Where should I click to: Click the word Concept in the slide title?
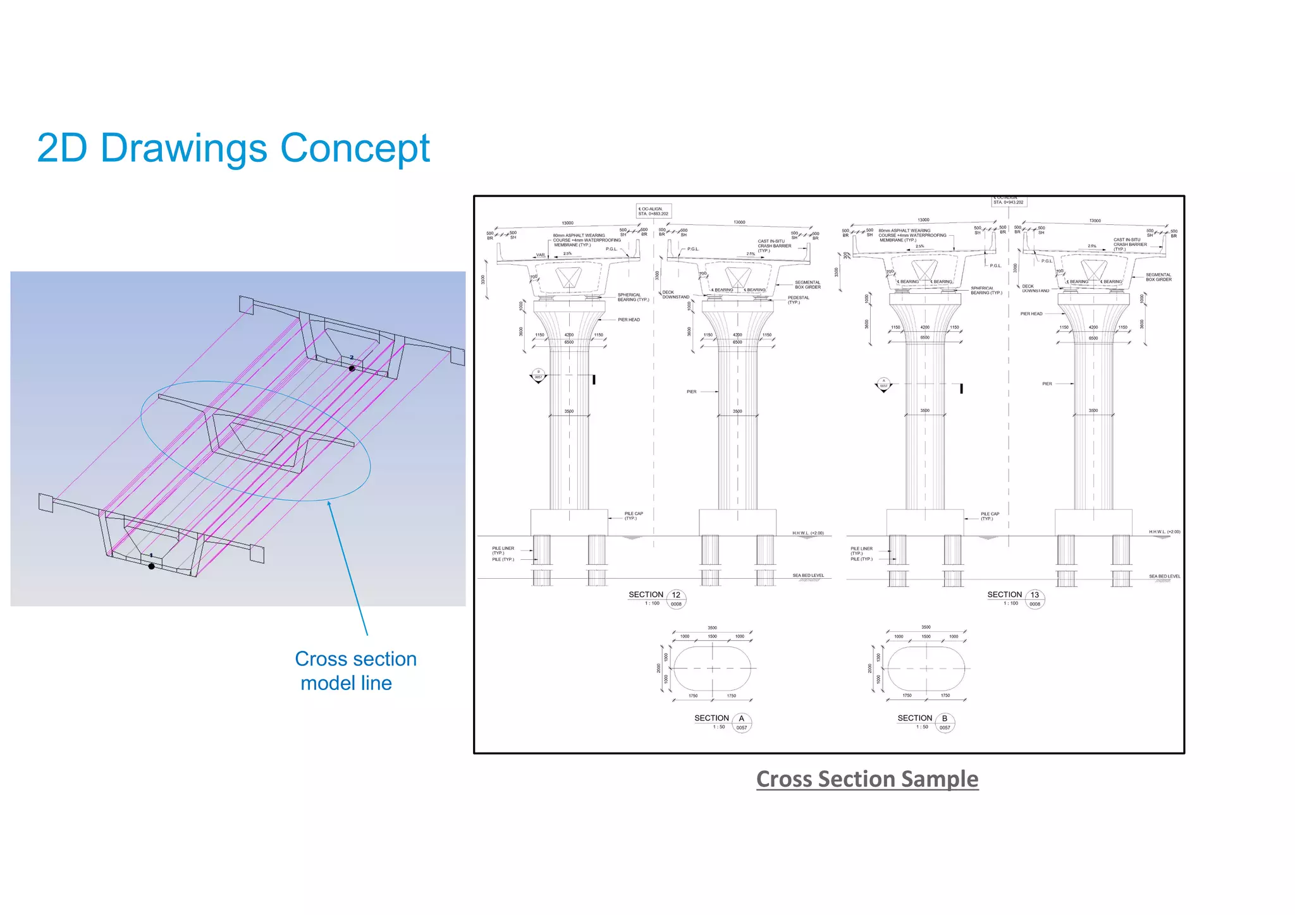[355, 148]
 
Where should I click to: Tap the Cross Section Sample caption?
[867, 779]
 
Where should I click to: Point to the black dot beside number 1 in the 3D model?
[151, 566]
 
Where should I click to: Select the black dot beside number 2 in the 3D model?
[352, 368]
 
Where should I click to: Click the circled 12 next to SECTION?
[676, 595]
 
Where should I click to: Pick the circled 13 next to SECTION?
[1034, 595]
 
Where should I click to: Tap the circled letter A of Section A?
[742, 719]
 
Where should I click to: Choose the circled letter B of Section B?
[945, 719]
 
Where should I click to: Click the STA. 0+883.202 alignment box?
[653, 211]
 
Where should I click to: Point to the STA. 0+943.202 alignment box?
[1009, 202]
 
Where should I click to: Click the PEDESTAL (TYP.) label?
[798, 300]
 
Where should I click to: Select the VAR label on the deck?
[541, 255]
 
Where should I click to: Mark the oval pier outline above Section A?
[713, 669]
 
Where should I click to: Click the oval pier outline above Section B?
[926, 669]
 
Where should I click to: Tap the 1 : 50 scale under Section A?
[719, 727]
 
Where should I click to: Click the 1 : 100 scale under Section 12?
[652, 603]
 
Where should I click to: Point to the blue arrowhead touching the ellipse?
[329, 504]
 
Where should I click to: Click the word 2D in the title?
[63, 148]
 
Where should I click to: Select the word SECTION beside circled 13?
[1004, 595]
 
